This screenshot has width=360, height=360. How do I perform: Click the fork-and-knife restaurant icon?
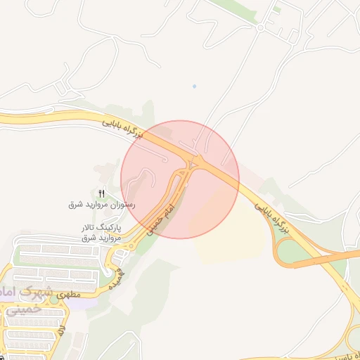(102, 193)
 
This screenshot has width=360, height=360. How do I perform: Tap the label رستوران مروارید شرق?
(101, 205)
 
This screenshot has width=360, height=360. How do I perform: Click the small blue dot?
(194, 86)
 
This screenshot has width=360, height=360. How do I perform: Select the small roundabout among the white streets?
(260, 27)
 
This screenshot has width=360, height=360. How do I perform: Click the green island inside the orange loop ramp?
(295, 250)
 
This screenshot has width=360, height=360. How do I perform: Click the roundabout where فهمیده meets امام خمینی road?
(131, 245)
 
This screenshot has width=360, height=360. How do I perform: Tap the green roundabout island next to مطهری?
(110, 269)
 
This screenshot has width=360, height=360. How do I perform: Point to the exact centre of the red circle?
(180, 179)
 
